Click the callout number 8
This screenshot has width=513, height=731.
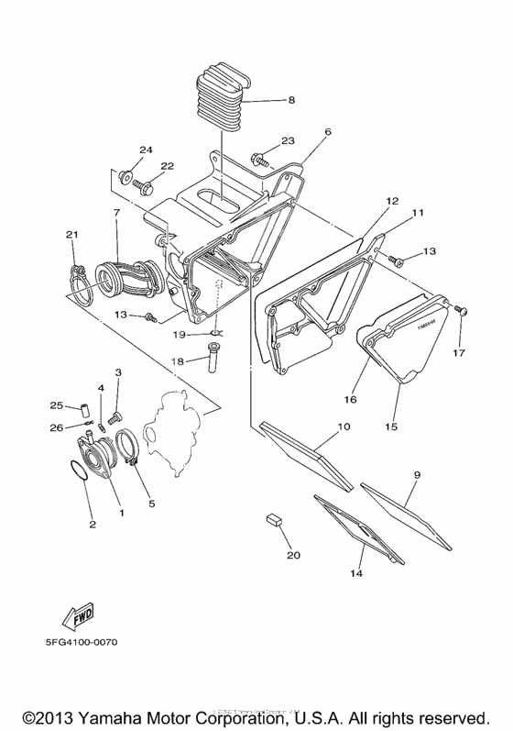(x=292, y=100)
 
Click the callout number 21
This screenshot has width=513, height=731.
(x=71, y=236)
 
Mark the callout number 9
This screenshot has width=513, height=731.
(x=417, y=474)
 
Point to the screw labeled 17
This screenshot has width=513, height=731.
(x=461, y=315)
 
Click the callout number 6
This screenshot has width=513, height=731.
(x=327, y=132)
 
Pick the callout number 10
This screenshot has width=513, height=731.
(x=344, y=426)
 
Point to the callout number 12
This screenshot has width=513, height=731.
(x=391, y=199)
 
